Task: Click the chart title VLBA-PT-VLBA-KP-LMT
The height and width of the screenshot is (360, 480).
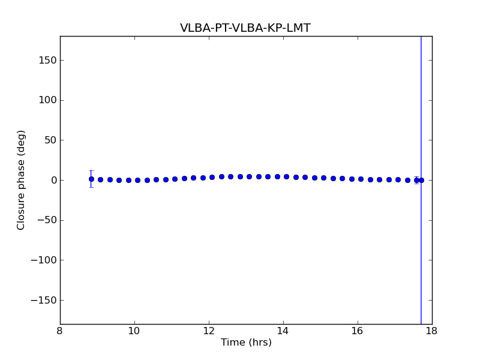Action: (x=245, y=28)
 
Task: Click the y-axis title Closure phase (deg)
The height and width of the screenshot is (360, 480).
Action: (x=22, y=180)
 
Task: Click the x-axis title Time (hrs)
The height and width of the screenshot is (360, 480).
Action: (x=246, y=343)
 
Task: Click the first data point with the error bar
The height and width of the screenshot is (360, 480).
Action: (x=91, y=179)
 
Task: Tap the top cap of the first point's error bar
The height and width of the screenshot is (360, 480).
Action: (x=91, y=171)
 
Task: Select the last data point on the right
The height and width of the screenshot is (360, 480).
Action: (x=421, y=180)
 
